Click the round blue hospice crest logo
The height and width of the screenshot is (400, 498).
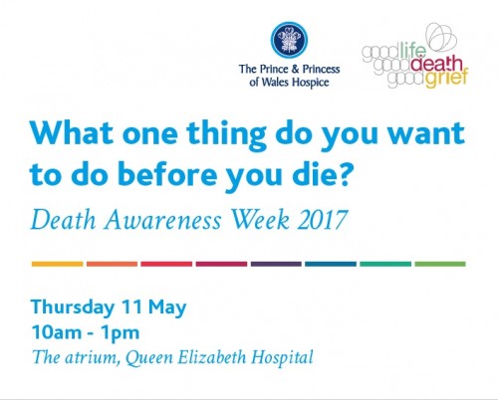tap(289, 40)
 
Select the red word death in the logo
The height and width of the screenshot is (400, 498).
tap(436, 64)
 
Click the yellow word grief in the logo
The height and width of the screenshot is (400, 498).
tap(447, 79)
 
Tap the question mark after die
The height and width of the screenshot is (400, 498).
tap(342, 173)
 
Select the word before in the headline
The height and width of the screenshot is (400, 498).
tap(167, 173)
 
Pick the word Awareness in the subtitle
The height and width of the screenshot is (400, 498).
tap(162, 220)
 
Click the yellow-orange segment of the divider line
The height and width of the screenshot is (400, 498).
tap(58, 264)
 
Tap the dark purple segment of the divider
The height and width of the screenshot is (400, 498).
tap(276, 264)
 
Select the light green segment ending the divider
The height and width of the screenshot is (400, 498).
tap(440, 264)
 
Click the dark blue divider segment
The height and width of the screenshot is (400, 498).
tap(331, 264)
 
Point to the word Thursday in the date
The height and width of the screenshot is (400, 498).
tap(73, 307)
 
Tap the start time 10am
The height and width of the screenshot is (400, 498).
tap(57, 332)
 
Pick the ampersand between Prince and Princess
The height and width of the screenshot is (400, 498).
tap(295, 69)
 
